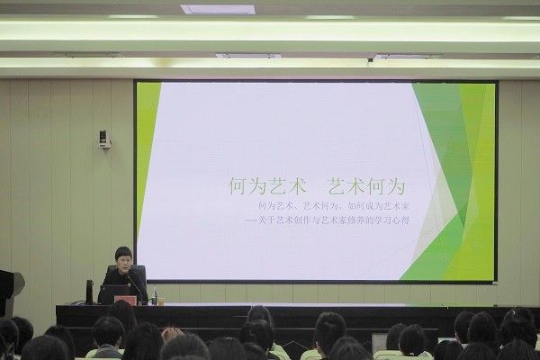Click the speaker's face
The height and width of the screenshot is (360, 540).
pyautogui.click(x=123, y=259)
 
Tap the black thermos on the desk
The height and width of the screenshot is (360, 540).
pyautogui.click(x=89, y=291)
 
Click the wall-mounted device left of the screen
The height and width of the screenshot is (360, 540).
pyautogui.click(x=103, y=139)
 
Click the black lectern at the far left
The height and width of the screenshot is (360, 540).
pyautogui.click(x=7, y=292)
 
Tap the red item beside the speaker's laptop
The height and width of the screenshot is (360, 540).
pyautogui.click(x=126, y=301)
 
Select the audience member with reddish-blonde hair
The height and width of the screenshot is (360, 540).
pyautogui.click(x=170, y=334)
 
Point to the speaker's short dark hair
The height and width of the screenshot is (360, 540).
pyautogui.click(x=123, y=250)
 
